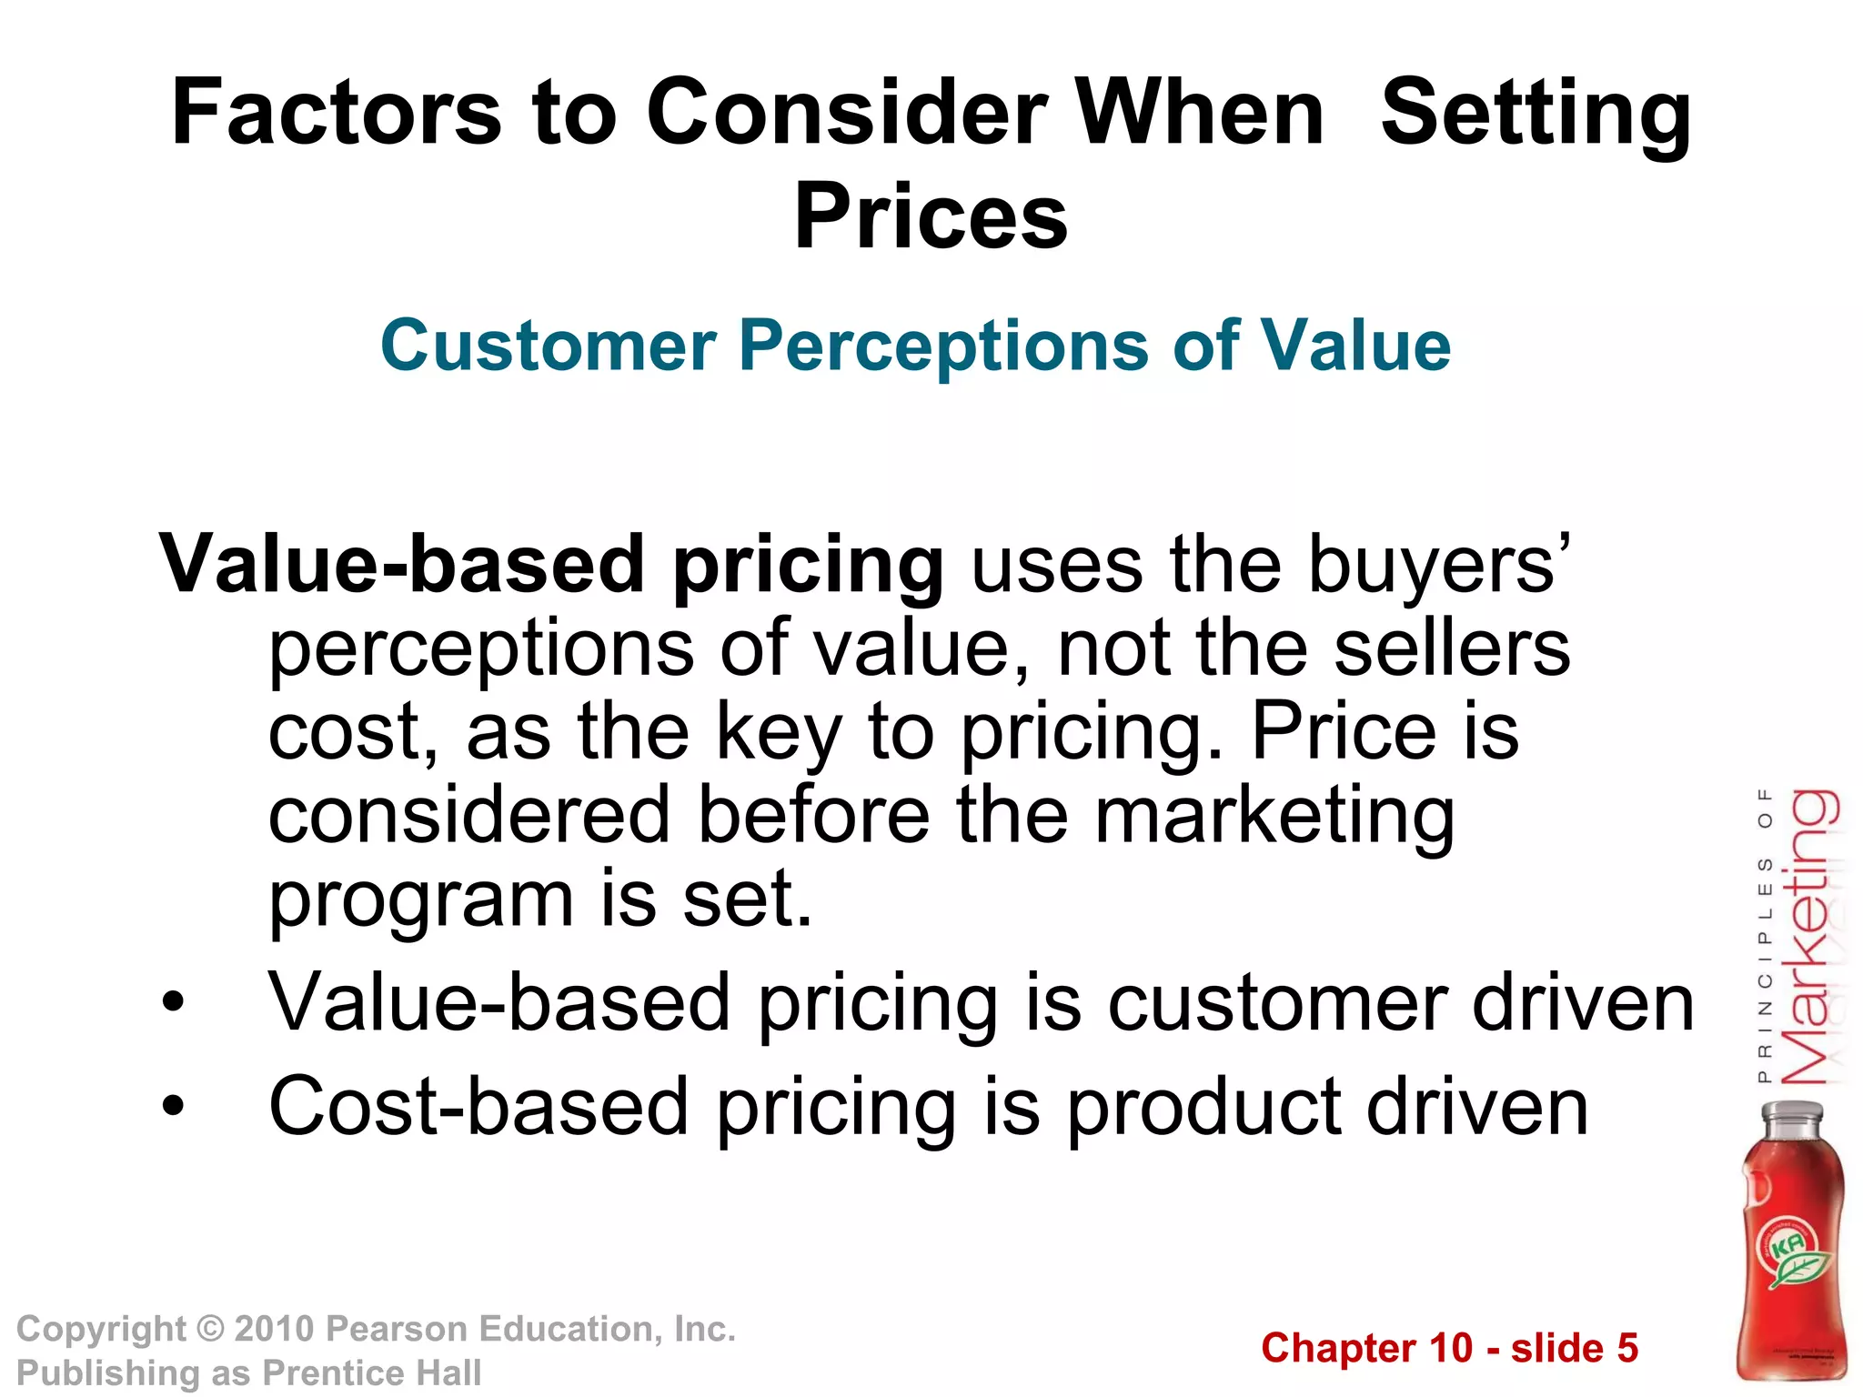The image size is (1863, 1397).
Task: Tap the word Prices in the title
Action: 931,216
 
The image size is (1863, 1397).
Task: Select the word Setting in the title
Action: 1536,115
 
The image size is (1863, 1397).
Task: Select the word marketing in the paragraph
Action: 1274,816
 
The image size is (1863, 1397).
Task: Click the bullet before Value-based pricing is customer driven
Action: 172,1003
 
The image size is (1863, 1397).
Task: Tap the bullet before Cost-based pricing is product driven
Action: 172,1107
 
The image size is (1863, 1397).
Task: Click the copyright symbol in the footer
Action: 210,1329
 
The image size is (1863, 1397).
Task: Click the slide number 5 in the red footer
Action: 1626,1348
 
